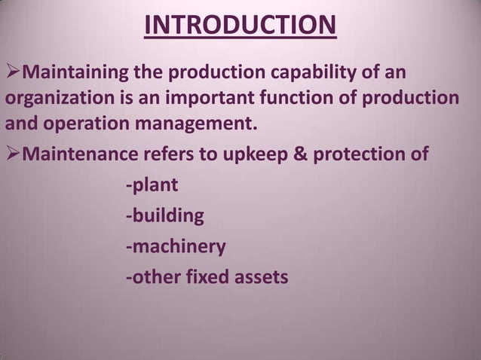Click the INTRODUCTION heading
click(240, 25)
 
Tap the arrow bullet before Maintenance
click(14, 154)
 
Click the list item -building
click(164, 216)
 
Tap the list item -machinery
click(175, 247)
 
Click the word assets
click(259, 277)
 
